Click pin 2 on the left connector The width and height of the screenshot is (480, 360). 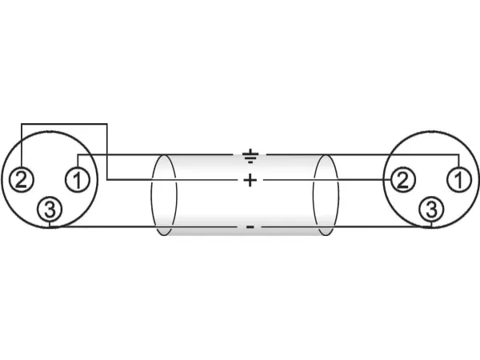click(22, 180)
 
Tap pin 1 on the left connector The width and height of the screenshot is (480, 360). click(78, 180)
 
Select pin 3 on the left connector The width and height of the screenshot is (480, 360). click(50, 210)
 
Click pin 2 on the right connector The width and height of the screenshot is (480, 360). click(402, 180)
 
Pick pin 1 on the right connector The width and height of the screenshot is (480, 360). click(459, 180)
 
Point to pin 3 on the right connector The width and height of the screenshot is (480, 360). click(431, 210)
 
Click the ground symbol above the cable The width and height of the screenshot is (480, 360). click(250, 156)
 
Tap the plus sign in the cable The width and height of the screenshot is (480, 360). click(250, 180)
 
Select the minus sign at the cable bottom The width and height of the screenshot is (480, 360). click(250, 227)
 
